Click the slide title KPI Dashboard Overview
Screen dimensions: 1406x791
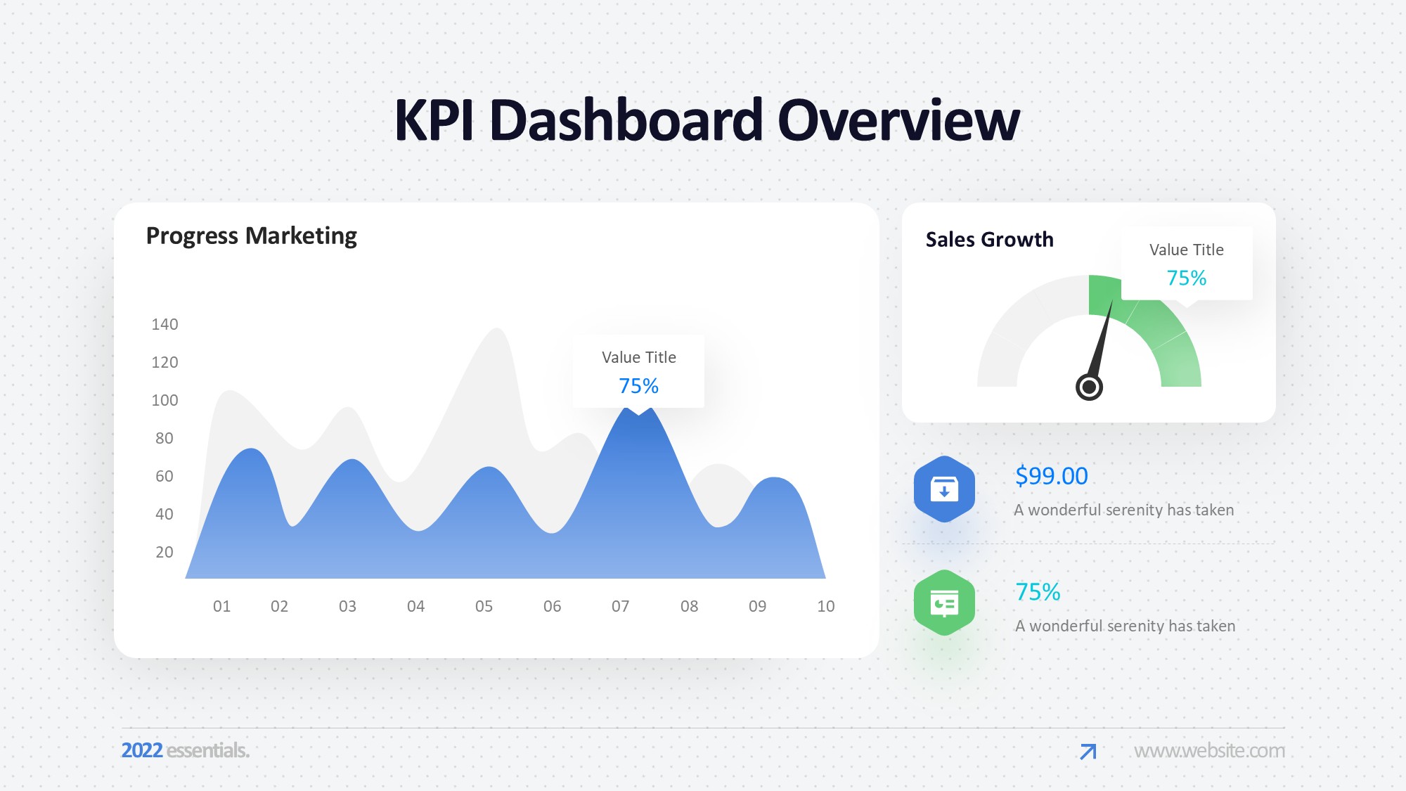click(707, 120)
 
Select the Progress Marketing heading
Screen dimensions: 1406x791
click(252, 236)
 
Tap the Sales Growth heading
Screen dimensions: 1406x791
click(990, 240)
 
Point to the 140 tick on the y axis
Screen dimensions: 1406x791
click(165, 324)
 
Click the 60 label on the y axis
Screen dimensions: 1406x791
click(165, 476)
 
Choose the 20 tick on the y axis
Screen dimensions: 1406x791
click(165, 552)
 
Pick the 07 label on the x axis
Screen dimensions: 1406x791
click(621, 606)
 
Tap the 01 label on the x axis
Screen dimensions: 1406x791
click(222, 606)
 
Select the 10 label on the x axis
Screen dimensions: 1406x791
click(826, 606)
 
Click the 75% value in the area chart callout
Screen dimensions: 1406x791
click(638, 386)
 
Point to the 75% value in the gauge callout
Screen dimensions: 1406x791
click(1187, 278)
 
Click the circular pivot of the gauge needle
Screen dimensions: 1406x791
click(1089, 387)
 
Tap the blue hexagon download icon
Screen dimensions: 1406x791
click(944, 489)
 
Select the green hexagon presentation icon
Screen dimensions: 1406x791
click(944, 603)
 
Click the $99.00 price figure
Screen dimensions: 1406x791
click(1052, 476)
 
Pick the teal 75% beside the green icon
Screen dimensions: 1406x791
click(1038, 592)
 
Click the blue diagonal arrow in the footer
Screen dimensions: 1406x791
click(1088, 752)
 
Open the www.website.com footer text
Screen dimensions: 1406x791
click(1209, 751)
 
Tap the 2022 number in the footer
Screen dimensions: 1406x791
click(142, 750)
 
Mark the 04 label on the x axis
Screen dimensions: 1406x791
click(416, 606)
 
